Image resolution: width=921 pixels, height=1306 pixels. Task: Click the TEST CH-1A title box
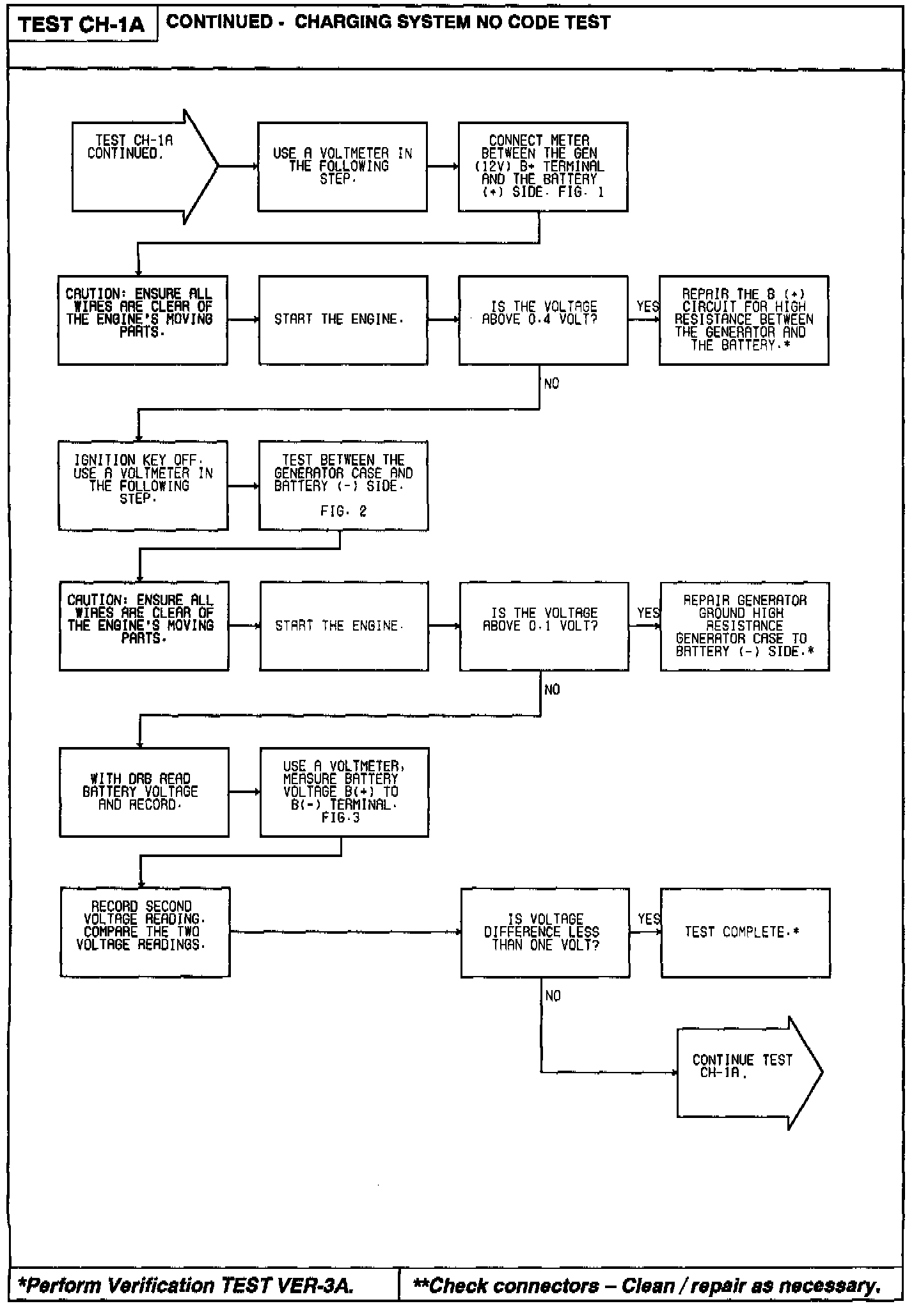point(82,25)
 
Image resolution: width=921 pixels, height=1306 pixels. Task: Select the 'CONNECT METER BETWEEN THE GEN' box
point(542,166)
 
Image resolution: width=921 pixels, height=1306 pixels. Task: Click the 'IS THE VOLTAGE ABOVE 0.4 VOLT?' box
point(542,320)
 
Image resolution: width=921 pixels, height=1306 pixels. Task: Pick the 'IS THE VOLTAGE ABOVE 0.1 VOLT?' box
point(544,626)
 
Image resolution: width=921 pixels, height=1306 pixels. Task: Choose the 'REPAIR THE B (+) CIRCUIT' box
point(743,320)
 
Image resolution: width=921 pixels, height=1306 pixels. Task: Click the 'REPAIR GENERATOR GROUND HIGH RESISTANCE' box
point(744,626)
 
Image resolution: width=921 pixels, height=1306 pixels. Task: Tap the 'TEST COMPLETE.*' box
point(745,932)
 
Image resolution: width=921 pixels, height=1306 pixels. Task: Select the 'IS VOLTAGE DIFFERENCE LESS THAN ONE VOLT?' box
point(545,932)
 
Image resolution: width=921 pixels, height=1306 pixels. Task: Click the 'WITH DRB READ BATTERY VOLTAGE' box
point(144,792)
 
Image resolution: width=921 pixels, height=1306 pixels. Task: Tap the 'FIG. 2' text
point(343,511)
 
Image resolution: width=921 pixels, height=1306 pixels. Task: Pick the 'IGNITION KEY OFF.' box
point(143,485)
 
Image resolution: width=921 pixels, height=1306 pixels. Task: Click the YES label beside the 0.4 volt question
point(647,307)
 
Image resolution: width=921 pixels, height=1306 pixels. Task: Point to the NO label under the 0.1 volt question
point(552,689)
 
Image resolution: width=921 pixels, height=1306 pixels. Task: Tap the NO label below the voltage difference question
point(553,996)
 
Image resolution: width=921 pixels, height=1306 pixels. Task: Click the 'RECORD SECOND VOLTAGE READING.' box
point(145,932)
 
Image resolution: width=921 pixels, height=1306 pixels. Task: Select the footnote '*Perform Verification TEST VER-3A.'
point(185,1285)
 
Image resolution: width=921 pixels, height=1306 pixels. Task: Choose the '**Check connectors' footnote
point(647,1285)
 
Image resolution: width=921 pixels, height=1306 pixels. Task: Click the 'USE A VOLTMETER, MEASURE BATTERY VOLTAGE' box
point(344,792)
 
